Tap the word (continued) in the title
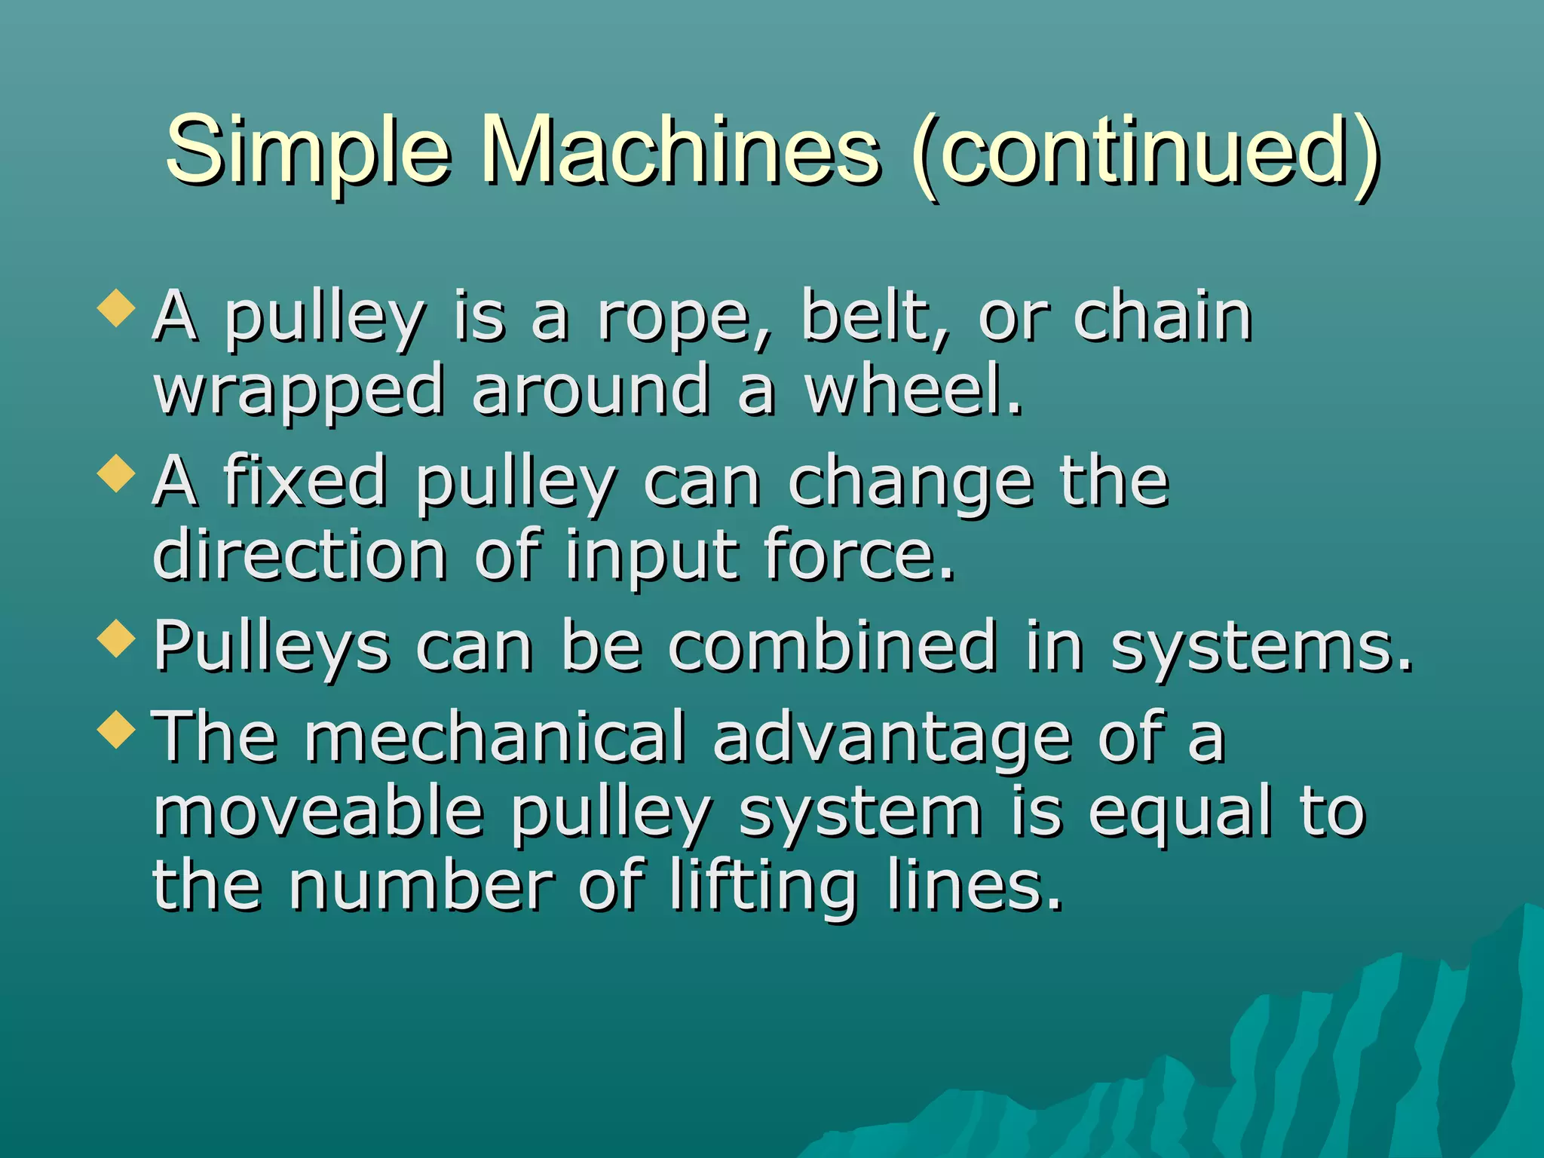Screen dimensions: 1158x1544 (1146, 151)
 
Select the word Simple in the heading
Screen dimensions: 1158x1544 (308, 151)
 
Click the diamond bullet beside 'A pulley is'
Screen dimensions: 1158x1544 (116, 309)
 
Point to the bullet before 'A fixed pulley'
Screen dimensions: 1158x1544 (116, 475)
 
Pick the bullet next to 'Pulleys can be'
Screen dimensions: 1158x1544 (116, 639)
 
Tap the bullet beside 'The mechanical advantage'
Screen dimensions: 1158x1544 (116, 730)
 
